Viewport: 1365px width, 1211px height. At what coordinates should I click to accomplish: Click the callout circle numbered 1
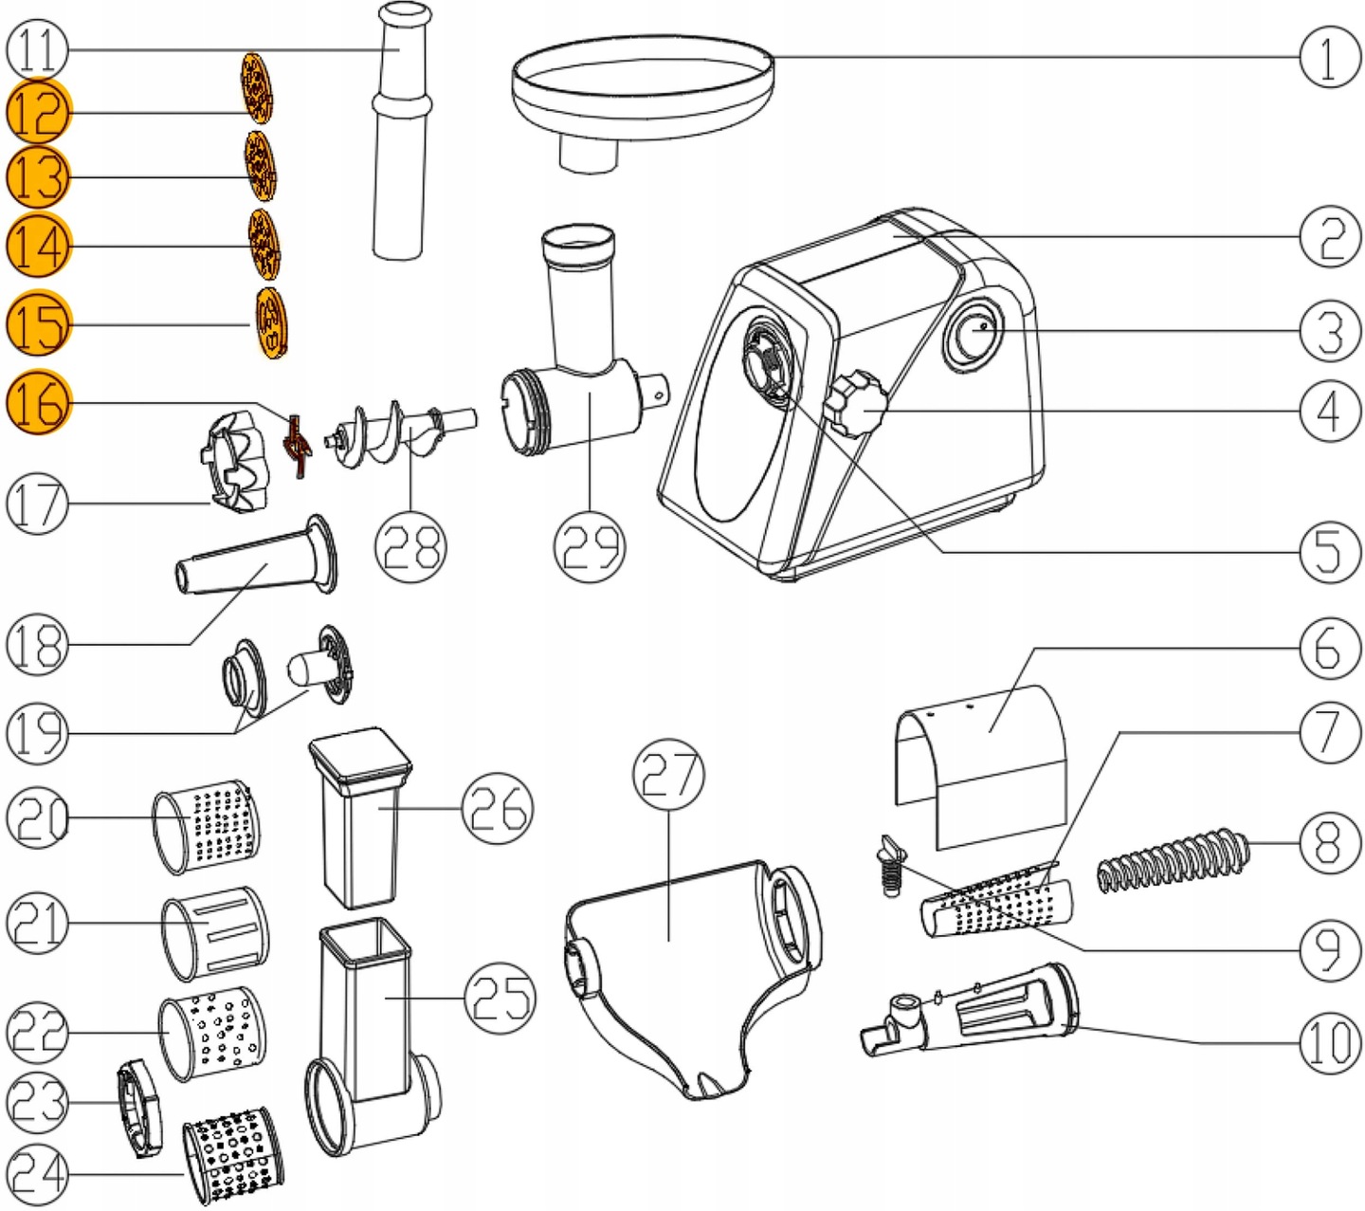(x=1329, y=57)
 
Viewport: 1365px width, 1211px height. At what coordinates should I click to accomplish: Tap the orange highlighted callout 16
(x=39, y=402)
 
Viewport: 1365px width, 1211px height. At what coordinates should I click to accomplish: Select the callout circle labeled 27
(x=667, y=775)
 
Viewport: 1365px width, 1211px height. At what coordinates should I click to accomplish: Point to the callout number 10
(x=1329, y=1042)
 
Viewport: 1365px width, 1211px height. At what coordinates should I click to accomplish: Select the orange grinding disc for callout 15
(x=271, y=323)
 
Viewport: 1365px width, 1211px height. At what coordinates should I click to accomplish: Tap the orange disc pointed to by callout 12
(x=257, y=87)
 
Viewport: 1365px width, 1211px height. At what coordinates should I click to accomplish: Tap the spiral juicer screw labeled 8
(x=1173, y=860)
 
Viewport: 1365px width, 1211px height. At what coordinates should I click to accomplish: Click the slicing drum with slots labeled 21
(x=215, y=933)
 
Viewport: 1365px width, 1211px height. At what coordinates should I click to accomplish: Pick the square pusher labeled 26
(x=361, y=817)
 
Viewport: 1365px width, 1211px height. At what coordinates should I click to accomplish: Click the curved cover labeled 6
(x=981, y=767)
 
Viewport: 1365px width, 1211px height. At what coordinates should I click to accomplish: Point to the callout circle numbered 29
(x=589, y=546)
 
